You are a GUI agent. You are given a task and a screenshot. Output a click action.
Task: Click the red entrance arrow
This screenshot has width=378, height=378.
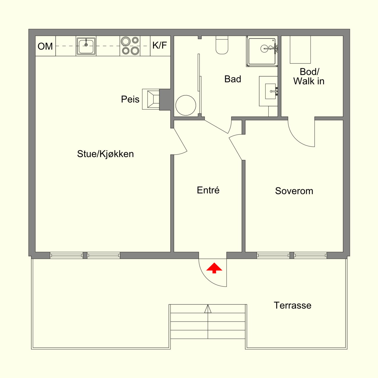pos(214,268)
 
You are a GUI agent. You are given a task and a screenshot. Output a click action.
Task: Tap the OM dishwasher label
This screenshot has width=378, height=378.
pos(45,47)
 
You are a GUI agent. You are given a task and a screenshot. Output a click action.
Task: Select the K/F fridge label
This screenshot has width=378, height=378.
pos(159,45)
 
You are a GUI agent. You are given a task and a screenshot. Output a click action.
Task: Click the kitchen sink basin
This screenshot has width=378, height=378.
pos(86,46)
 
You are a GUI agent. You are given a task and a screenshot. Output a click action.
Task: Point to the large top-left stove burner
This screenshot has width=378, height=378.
pos(126,41)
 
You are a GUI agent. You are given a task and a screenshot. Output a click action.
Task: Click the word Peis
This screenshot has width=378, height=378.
pos(130,99)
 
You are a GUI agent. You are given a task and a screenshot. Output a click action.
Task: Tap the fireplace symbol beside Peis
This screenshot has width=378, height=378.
pos(151,99)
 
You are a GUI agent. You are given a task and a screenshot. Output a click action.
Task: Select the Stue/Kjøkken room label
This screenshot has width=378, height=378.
pos(105,154)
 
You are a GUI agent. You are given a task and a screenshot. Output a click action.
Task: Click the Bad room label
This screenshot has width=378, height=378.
pos(233,79)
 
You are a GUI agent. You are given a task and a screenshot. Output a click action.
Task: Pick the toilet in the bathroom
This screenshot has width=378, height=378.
pos(222,45)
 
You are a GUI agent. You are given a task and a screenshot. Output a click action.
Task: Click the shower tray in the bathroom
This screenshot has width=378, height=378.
pos(262,52)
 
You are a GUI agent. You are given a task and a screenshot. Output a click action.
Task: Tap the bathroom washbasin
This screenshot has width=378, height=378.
pos(271,91)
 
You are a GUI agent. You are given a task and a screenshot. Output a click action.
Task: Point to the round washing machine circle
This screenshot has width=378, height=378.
pos(186,105)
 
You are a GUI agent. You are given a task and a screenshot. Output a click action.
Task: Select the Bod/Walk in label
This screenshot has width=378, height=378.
pos(309,77)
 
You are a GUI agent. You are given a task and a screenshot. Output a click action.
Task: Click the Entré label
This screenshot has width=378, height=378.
pos(208,190)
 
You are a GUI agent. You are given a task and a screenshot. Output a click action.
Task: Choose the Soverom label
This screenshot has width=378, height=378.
pos(294,191)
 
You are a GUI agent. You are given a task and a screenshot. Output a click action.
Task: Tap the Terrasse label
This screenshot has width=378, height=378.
pos(292,306)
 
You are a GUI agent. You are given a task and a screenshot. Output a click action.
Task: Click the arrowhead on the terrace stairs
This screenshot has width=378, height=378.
pos(208,309)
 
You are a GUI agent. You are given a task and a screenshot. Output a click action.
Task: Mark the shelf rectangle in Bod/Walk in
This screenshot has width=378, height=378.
pos(300,50)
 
